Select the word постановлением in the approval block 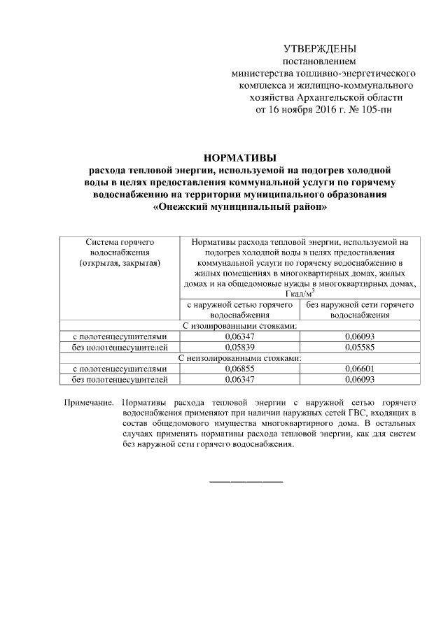point(319,62)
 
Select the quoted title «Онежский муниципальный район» point(239,206)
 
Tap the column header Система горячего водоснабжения point(117,246)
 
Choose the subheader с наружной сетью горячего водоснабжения point(238,310)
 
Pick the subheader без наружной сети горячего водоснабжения point(360,310)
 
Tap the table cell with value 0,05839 point(238,347)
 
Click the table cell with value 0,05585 point(360,347)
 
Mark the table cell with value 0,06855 point(238,369)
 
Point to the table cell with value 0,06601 point(360,369)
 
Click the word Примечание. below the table point(88,404)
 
